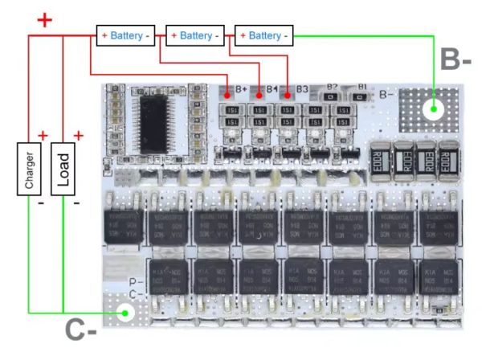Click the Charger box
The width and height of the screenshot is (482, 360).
click(29, 169)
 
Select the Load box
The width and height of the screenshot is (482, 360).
click(62, 169)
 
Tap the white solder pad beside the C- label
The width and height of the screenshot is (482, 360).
click(125, 313)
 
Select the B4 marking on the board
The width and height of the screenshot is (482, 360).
click(272, 88)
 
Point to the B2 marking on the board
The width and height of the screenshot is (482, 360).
click(333, 86)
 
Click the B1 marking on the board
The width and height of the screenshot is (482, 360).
click(362, 86)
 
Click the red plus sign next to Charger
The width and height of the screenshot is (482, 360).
click(43, 135)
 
